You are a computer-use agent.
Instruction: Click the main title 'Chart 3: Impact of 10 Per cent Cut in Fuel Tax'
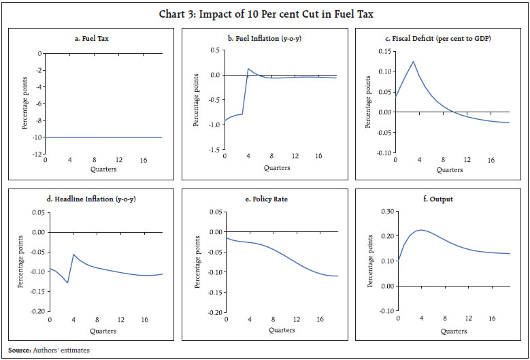point(265,13)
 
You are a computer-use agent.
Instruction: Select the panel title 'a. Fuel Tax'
point(95,39)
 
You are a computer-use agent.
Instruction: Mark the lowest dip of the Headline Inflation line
point(68,282)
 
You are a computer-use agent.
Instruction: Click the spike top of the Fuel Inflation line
point(248,69)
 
